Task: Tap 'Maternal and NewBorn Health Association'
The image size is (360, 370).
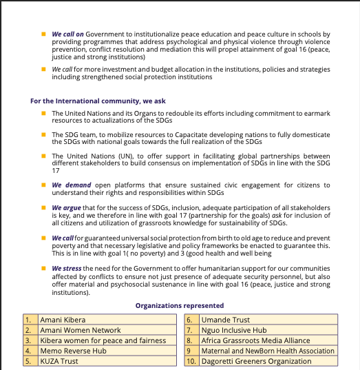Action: tap(268, 350)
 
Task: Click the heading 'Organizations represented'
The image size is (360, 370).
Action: tap(179, 305)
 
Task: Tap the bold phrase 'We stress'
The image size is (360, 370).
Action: tap(67, 268)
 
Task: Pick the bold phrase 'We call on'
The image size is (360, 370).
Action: tap(68, 34)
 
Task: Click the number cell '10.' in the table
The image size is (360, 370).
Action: tap(191, 360)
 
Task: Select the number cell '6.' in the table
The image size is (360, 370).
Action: tap(191, 320)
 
